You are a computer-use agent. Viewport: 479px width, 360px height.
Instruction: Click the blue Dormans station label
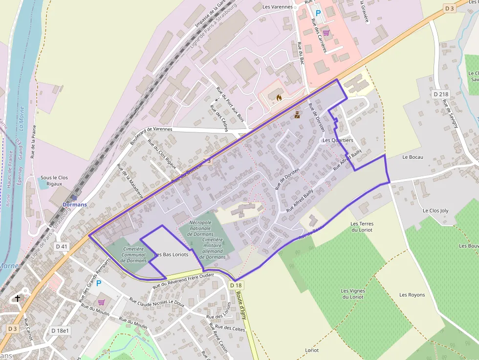[x=75, y=204]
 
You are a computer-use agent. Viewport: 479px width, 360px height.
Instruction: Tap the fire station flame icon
[x=279, y=98]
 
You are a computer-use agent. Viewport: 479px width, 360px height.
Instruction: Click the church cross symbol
[x=18, y=298]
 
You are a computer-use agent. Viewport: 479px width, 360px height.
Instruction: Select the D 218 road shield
[x=441, y=94]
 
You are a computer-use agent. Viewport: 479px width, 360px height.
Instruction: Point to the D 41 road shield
[x=62, y=247]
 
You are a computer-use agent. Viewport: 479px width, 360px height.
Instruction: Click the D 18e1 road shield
[x=61, y=331]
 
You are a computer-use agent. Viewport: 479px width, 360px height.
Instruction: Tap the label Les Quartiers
[x=338, y=140]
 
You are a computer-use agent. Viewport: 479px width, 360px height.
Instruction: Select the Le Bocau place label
[x=413, y=157]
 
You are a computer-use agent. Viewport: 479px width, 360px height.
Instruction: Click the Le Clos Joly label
[x=435, y=211]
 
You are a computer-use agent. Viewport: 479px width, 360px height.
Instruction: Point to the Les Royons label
[x=412, y=295]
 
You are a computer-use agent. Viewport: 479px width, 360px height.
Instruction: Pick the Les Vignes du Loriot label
[x=353, y=294]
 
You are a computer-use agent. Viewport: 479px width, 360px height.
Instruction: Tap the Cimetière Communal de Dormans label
[x=133, y=254]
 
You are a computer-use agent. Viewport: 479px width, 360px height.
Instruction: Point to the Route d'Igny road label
[x=241, y=303]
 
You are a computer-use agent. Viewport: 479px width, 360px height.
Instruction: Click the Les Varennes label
[x=278, y=7]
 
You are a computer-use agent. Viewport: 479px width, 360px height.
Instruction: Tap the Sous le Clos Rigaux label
[x=54, y=181]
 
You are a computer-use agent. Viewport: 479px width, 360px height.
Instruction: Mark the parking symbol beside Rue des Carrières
[x=318, y=13]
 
